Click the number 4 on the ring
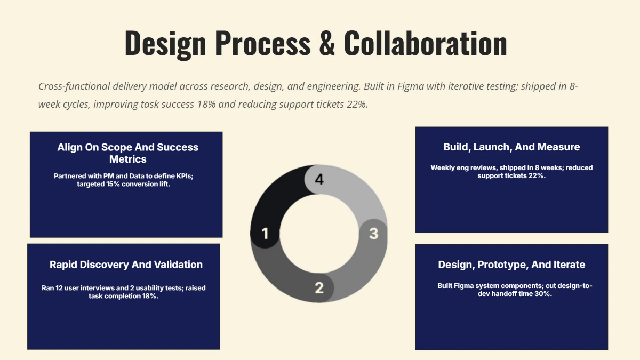pos(319,180)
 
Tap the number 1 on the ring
pos(265,233)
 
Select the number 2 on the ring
pos(319,288)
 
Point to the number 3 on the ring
pos(373,233)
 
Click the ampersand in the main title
pos(327,43)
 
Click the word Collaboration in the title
pos(425,43)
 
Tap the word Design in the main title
pos(165,43)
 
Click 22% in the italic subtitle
pos(357,104)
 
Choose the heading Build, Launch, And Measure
pos(511,147)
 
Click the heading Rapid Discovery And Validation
pos(126,265)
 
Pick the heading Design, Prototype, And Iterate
pos(511,265)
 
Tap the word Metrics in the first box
pos(128,159)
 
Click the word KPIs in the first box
pos(181,175)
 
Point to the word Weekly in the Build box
pos(443,167)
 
